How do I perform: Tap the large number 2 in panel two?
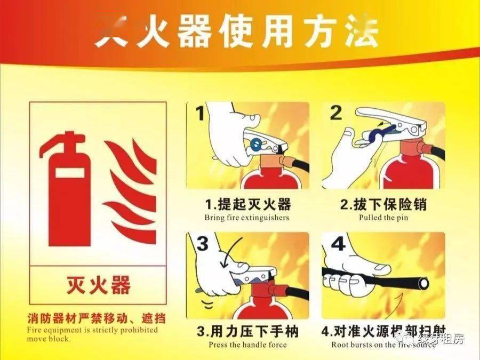tap(335, 113)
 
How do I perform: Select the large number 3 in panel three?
tap(202, 244)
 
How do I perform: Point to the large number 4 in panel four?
tap(338, 244)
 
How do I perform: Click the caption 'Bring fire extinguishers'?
tap(247, 218)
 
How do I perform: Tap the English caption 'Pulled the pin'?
tap(383, 218)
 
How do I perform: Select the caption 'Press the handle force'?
tap(247, 345)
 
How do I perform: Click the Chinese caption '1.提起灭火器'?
tap(247, 204)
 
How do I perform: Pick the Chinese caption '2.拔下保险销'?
tap(383, 204)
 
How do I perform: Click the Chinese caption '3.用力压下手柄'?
tap(247, 331)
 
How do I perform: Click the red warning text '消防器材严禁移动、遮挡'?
tap(97, 319)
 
